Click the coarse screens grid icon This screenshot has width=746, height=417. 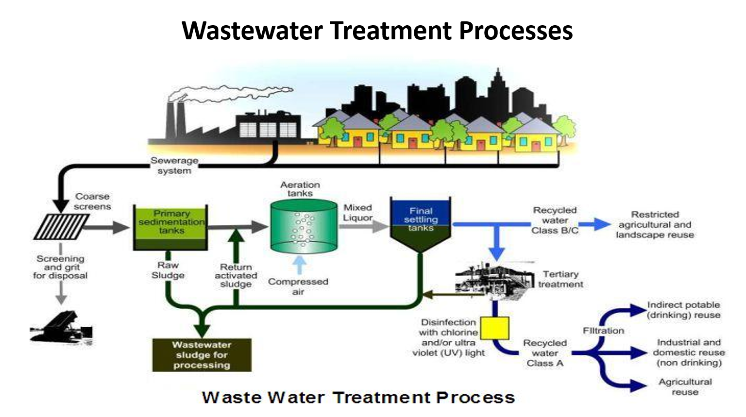(x=61, y=227)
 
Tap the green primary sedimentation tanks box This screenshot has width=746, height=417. (x=170, y=227)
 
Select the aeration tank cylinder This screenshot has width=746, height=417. (x=304, y=227)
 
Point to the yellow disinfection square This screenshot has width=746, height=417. (x=494, y=329)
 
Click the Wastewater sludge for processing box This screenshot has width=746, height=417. (x=202, y=355)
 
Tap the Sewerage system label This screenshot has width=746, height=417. (x=174, y=166)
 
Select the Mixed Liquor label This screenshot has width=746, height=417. (x=357, y=213)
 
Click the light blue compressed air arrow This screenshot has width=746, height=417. (x=300, y=265)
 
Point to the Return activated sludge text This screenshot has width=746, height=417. (x=236, y=275)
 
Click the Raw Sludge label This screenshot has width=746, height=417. (x=168, y=270)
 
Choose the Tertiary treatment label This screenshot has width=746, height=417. (x=560, y=279)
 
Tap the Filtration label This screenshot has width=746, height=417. (x=603, y=331)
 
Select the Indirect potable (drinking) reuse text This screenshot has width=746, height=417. (x=683, y=310)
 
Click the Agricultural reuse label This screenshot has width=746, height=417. (x=685, y=387)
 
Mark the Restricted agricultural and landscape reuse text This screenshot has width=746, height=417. (x=655, y=224)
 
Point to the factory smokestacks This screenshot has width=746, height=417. (x=175, y=121)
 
